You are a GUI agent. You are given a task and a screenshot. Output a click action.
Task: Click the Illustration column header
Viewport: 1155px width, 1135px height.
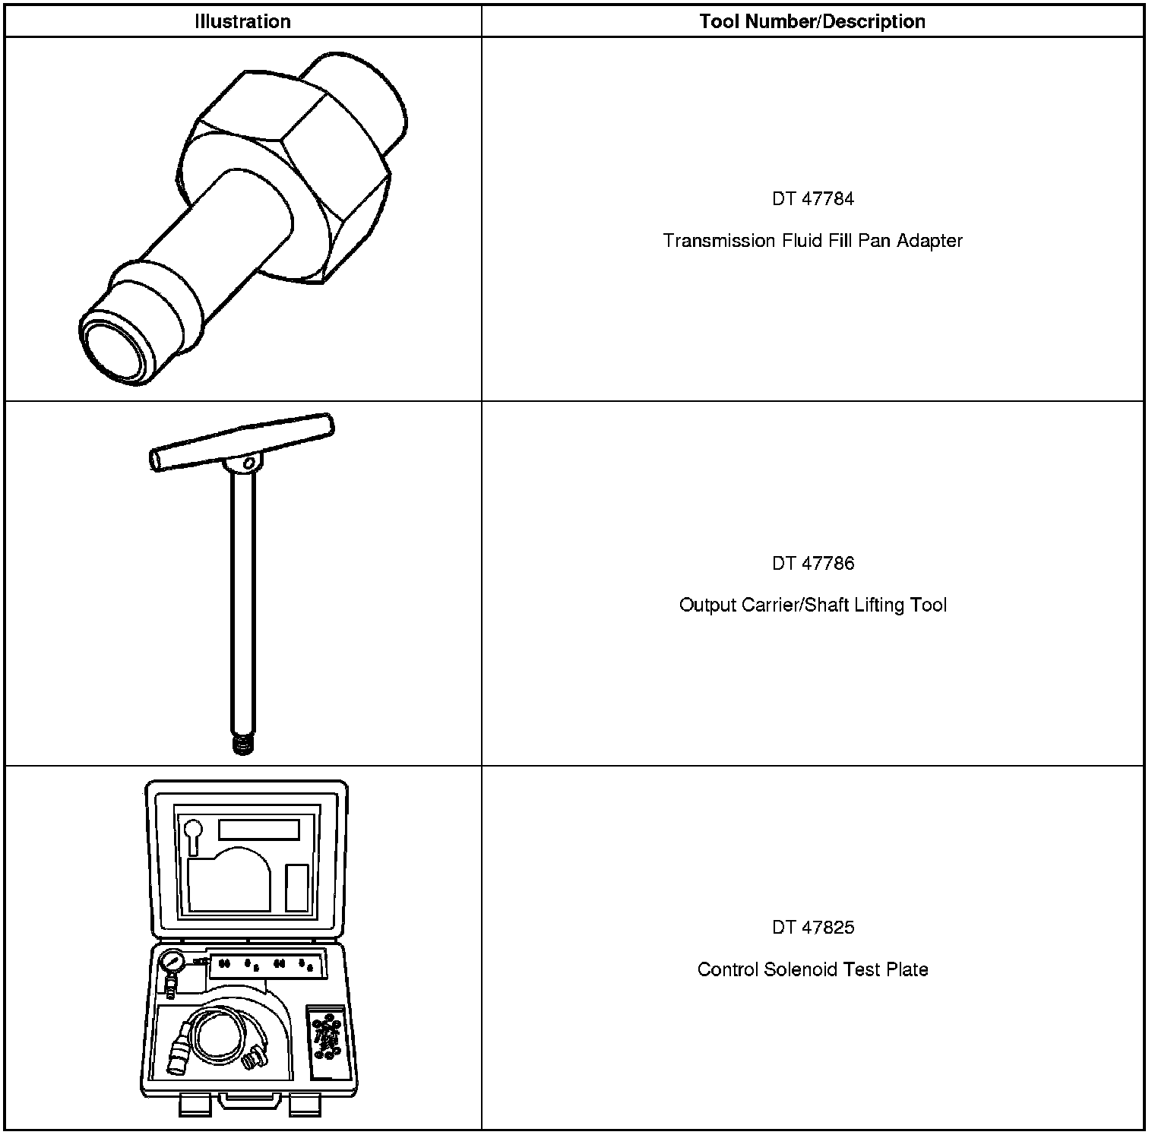[242, 21]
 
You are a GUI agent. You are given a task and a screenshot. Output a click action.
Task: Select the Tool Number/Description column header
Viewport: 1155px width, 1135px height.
[812, 21]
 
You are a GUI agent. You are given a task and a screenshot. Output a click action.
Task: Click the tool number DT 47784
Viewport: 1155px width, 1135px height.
[813, 199]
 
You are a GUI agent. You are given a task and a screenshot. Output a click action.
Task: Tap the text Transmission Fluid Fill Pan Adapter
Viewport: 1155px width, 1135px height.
[812, 241]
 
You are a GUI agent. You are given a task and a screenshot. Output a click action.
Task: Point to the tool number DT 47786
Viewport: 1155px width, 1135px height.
[813, 563]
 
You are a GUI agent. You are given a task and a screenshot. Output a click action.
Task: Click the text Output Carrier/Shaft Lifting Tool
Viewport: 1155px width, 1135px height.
[812, 605]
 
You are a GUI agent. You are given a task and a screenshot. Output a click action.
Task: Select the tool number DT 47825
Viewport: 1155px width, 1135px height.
[813, 928]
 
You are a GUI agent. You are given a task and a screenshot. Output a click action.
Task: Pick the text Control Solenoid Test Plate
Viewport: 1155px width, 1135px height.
[812, 970]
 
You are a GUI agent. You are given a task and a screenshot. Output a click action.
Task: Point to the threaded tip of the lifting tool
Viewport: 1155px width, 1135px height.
[242, 744]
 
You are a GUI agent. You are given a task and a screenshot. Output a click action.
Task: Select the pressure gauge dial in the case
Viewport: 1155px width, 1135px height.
[172, 963]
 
